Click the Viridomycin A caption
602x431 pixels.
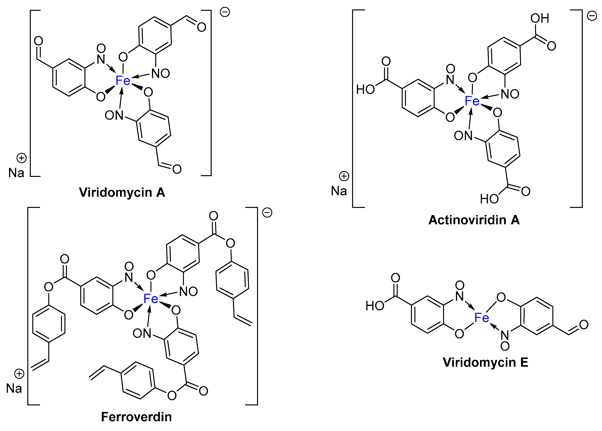tap(122, 192)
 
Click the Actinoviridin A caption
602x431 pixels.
tap(474, 220)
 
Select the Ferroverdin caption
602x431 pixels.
tap(136, 417)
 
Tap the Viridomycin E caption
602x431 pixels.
tap(485, 362)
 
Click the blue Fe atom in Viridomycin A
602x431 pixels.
tap(123, 80)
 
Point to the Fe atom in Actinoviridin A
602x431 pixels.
tap(472, 101)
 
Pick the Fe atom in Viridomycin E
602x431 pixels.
tap(482, 318)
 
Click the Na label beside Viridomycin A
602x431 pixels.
tap(16, 173)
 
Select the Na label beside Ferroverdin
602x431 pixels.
tap(14, 388)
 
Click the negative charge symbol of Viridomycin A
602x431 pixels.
tap(225, 12)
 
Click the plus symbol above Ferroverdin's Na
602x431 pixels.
tap(19, 374)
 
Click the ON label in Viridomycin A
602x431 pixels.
tap(114, 115)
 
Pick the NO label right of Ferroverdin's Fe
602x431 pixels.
tap(188, 292)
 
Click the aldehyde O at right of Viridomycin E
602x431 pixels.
tap(584, 325)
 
